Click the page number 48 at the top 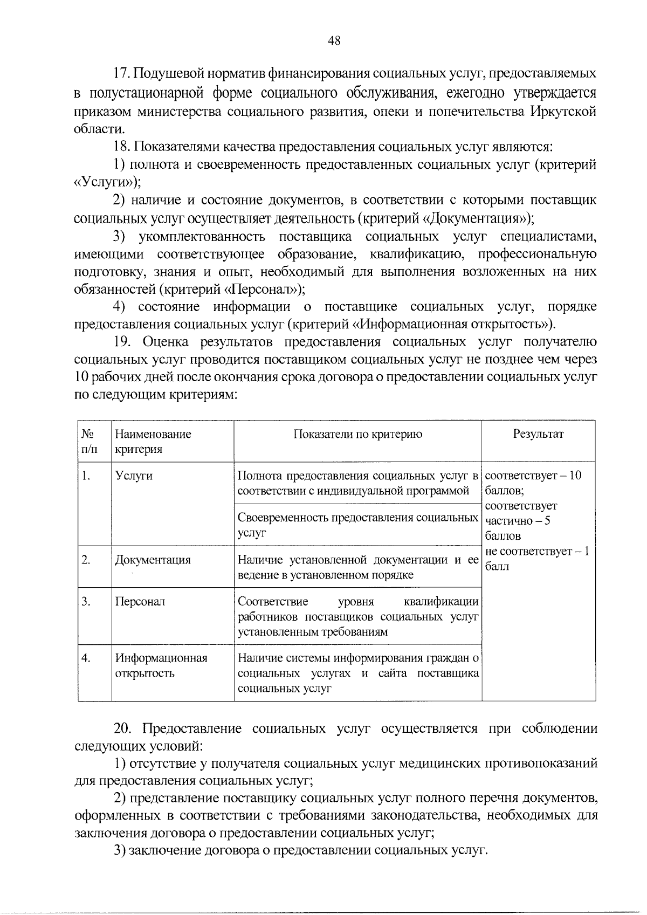tap(334, 41)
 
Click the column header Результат tap(538, 435)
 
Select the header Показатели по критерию tap(357, 435)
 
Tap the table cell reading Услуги tap(134, 476)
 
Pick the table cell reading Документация tap(153, 560)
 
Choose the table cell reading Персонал tap(140, 602)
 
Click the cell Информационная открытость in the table tap(161, 666)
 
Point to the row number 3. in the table tap(86, 602)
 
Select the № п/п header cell tap(89, 442)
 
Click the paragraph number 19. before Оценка tap(122, 342)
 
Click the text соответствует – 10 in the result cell tap(533, 476)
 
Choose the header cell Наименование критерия tap(153, 442)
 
